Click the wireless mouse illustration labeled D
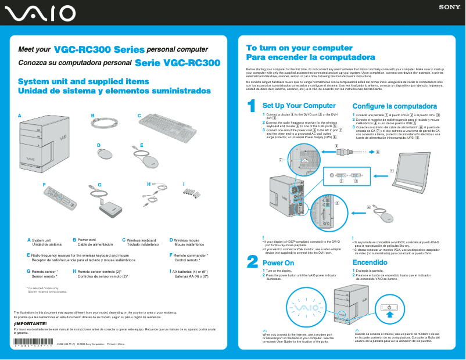[x=105, y=154]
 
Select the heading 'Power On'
[x=278, y=263]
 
